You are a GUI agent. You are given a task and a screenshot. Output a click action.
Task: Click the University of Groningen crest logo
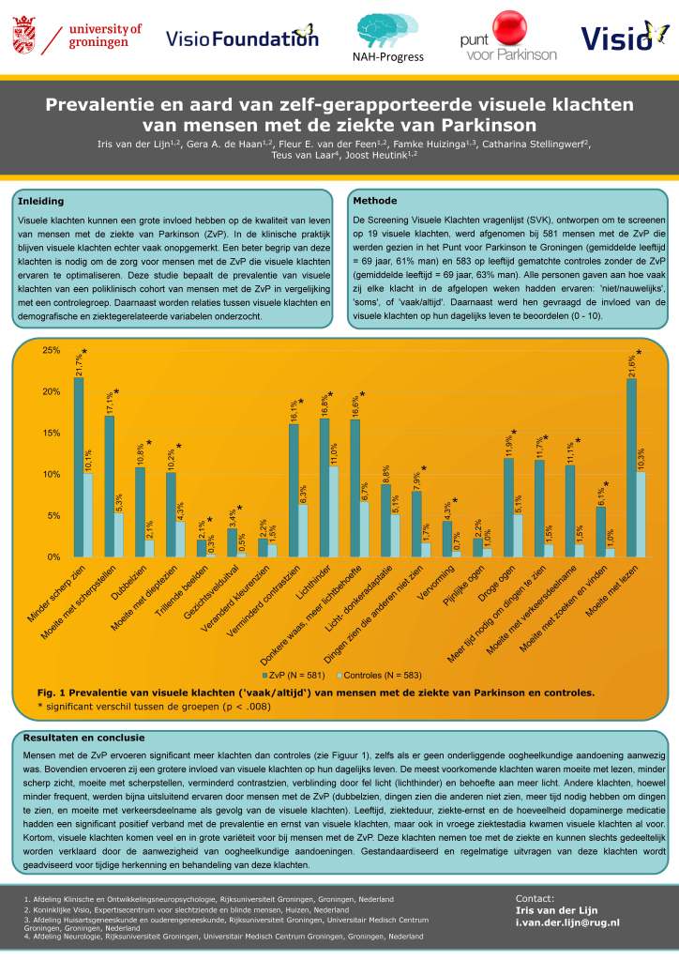(x=27, y=37)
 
